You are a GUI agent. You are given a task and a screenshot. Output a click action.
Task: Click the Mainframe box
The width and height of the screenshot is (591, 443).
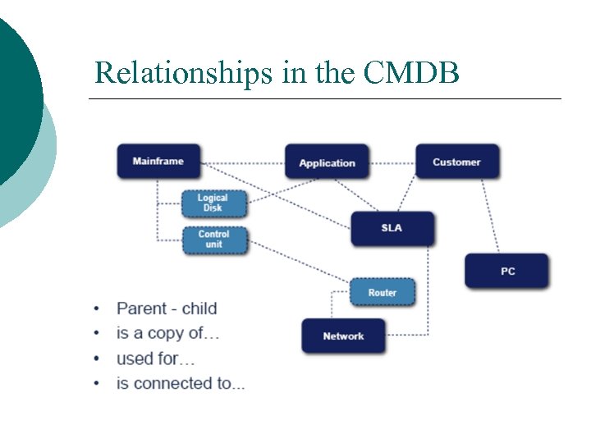[158, 162]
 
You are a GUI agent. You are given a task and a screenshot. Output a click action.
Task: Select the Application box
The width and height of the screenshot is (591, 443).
[327, 162]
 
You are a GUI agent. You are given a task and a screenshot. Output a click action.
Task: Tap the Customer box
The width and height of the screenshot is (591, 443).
[456, 162]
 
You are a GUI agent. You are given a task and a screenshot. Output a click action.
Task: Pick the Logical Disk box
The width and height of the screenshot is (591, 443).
[213, 203]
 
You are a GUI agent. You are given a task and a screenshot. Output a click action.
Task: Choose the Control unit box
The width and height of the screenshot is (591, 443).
[213, 240]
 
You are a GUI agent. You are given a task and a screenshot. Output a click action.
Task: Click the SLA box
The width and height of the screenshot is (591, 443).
[392, 227]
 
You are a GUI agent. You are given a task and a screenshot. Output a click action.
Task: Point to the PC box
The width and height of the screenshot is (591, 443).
[506, 271]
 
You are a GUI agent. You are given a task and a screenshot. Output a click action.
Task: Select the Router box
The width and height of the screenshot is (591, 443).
[382, 293]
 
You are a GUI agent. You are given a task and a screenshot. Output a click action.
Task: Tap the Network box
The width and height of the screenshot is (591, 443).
[343, 336]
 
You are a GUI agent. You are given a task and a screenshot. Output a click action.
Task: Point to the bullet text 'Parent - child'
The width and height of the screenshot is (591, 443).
[167, 308]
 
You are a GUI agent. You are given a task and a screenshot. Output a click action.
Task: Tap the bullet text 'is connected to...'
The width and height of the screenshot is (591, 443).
[181, 383]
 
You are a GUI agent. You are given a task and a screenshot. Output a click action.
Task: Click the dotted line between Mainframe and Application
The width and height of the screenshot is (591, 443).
[243, 163]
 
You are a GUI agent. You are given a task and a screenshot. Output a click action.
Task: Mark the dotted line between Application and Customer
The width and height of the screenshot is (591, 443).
[392, 163]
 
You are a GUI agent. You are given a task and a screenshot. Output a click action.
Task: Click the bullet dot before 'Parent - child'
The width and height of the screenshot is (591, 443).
[98, 309]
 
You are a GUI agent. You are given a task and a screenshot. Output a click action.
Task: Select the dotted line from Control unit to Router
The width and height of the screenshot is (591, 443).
[300, 264]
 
